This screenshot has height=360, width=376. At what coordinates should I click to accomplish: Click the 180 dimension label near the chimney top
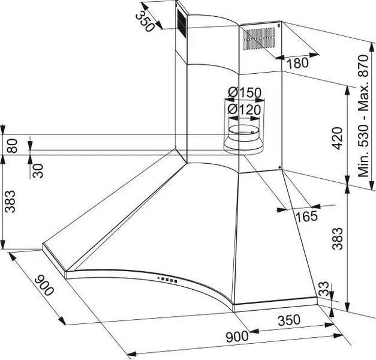pos(297,64)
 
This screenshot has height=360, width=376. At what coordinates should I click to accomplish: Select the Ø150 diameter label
pos(244,92)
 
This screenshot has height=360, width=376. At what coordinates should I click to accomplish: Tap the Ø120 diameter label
pos(244,109)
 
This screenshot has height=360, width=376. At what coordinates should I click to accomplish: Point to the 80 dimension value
pos(12,146)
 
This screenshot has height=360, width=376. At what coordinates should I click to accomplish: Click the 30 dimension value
pos(38,171)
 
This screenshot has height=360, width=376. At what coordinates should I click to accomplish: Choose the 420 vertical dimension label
pos(338,139)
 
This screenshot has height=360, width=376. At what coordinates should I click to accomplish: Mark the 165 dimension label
pos(306,216)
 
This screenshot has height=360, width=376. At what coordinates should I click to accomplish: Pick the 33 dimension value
pos(323,289)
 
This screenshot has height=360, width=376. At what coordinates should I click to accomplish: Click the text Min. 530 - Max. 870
pos(363,116)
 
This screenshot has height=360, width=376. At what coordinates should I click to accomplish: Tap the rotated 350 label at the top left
pos(145,22)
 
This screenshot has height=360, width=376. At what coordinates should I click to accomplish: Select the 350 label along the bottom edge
pos(289,320)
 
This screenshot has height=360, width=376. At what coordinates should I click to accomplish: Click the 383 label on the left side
pos(11,202)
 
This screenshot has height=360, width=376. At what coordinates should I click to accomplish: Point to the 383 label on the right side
pos(338,239)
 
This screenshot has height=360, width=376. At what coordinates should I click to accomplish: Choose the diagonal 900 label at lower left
pos(44,286)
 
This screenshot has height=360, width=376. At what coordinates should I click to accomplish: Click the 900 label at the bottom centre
pos(237,337)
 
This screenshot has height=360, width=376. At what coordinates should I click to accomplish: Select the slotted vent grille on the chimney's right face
pos(259,38)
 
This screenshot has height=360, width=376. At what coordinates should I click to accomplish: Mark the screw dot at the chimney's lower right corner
pos(279,167)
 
